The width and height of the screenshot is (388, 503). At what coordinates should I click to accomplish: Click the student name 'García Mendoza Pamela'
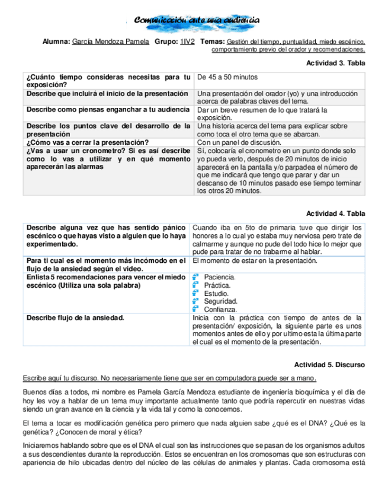110,42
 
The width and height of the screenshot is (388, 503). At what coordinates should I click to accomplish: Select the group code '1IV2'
188,42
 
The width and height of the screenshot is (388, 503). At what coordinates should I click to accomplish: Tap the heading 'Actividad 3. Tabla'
335,63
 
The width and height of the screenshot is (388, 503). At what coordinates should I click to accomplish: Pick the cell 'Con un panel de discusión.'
239,142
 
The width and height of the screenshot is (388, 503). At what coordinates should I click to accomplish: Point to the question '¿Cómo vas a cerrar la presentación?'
87,142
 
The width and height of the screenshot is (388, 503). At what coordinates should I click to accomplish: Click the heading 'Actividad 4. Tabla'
335,214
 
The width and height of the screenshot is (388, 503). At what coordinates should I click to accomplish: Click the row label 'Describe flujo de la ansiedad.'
75,318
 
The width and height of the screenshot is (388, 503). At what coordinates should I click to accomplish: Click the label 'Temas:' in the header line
212,42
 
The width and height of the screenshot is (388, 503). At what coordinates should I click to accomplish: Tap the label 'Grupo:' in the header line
166,42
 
